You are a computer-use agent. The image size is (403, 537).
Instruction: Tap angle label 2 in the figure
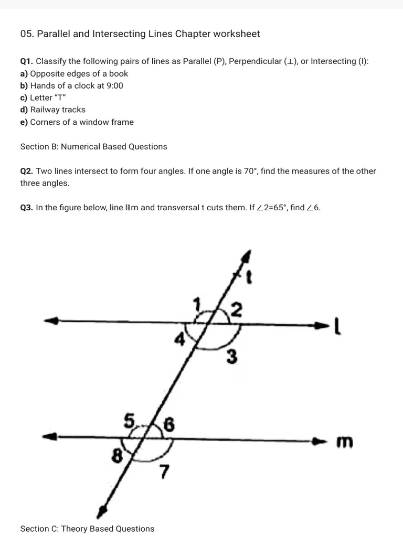point(236,311)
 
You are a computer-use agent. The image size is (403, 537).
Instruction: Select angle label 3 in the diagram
point(231,358)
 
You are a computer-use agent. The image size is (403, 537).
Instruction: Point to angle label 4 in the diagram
point(179,340)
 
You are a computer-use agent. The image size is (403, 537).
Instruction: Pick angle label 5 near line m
point(129,420)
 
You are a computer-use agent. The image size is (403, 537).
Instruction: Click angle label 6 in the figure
point(169,425)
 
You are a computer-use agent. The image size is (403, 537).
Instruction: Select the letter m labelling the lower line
point(344,443)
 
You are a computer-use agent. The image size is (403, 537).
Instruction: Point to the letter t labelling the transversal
point(250,277)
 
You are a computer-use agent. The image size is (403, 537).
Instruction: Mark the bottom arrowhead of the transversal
point(103,512)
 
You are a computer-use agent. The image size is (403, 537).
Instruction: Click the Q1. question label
point(27,61)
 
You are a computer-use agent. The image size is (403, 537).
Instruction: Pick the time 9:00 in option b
point(114,85)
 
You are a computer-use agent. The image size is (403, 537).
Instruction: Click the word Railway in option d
point(45,110)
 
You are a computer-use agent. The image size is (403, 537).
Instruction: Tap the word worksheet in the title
point(235,34)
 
